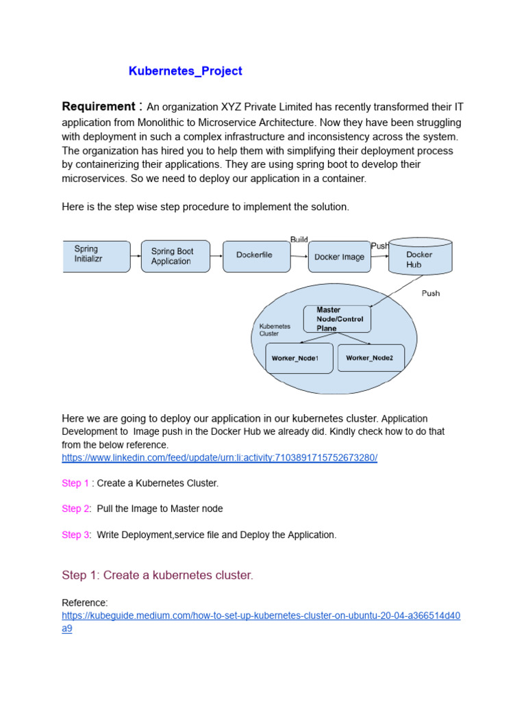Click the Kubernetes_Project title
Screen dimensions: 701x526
tap(185, 71)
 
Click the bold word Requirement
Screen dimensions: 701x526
tap(99, 107)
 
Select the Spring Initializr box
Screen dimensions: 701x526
tap(96, 255)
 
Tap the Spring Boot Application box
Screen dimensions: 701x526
tap(175, 256)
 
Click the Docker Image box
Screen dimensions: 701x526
tap(339, 257)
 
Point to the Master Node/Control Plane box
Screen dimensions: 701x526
tap(338, 319)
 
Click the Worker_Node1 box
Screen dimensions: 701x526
tap(299, 358)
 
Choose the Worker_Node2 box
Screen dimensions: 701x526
tap(371, 357)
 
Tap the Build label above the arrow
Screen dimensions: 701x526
tap(299, 240)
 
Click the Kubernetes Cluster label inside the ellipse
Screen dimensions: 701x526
tap(275, 330)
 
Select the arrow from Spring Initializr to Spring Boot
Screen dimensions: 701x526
tap(136, 256)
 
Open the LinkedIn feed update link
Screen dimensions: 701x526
tap(219, 457)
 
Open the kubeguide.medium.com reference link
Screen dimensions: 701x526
tap(261, 615)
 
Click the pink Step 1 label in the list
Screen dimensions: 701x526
tap(75, 483)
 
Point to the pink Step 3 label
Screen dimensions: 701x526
tap(75, 535)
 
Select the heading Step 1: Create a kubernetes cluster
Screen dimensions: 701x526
tap(158, 575)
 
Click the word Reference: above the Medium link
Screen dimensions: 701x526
tap(85, 602)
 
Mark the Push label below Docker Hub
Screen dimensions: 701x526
tap(430, 293)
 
